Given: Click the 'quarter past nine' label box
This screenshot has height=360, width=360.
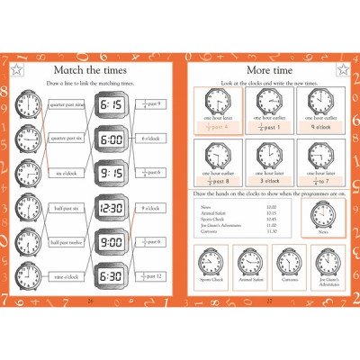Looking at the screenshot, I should (66, 105).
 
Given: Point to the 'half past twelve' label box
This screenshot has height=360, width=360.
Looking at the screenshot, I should (66, 242).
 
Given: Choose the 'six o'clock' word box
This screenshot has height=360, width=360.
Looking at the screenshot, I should (66, 173).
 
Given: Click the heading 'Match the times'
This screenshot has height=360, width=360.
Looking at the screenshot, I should (88, 70).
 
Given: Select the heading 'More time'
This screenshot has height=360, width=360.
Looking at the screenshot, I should (269, 70).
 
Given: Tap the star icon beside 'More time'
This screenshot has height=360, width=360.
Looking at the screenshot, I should (341, 69).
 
